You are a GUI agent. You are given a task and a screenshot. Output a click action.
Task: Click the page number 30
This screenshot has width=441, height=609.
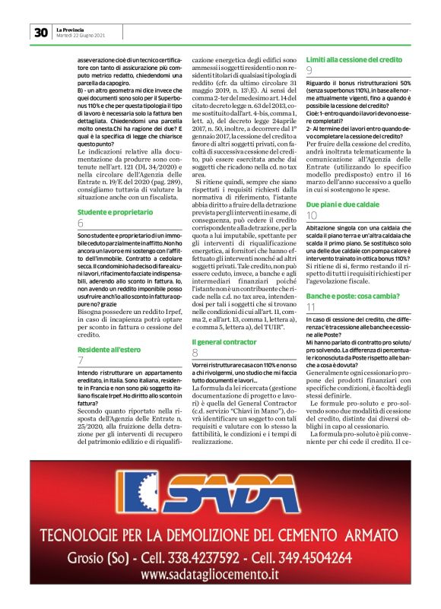point(40,32)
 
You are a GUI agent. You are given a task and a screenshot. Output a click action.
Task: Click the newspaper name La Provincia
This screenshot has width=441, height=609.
point(71,28)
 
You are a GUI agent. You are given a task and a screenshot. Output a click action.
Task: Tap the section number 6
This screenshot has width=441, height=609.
point(81,224)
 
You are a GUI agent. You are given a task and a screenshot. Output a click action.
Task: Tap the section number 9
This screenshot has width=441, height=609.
point(309,71)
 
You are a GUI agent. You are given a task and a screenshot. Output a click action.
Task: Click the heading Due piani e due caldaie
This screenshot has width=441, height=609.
point(341,205)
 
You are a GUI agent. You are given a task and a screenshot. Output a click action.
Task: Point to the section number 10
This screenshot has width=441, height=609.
point(312,217)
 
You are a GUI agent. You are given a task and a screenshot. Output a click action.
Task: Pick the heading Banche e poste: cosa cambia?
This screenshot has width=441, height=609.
point(348,294)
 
